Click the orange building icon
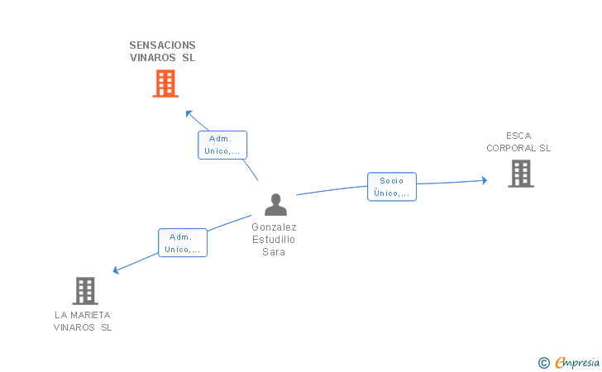click(x=165, y=83)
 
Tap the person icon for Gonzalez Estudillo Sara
click(x=275, y=205)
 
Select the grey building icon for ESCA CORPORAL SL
click(x=521, y=174)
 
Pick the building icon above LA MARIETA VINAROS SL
click(x=85, y=291)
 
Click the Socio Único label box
click(x=392, y=187)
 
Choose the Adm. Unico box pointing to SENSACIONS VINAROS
click(x=222, y=145)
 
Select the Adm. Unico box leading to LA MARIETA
click(x=183, y=242)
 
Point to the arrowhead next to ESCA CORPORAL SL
click(x=485, y=180)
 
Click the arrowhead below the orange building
click(x=189, y=113)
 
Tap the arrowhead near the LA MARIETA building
click(x=116, y=270)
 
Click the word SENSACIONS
click(x=162, y=45)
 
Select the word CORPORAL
click(x=511, y=148)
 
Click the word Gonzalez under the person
click(x=275, y=227)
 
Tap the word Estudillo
click(x=274, y=240)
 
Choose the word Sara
click(x=274, y=252)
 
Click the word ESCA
click(x=518, y=136)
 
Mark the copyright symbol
click(x=544, y=363)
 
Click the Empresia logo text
click(x=577, y=362)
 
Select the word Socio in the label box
click(x=392, y=181)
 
